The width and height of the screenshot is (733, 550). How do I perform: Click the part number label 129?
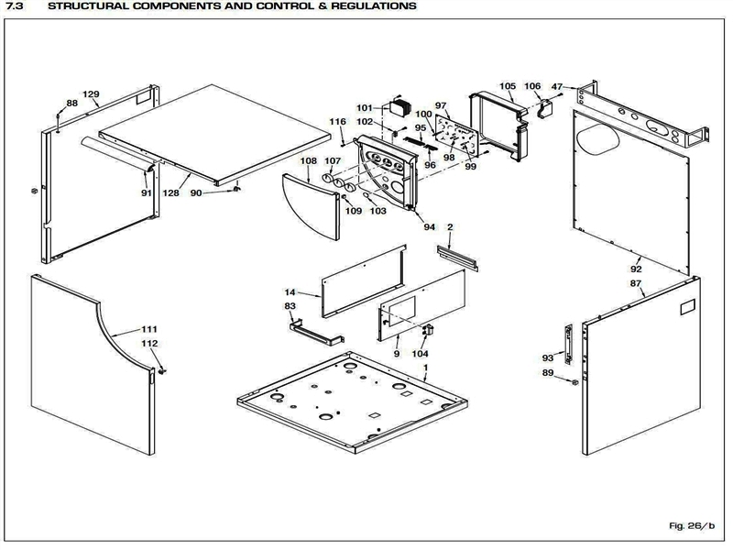point(91,94)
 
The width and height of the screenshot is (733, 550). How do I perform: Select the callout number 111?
point(149,329)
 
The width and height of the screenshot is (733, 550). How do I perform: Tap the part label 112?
point(149,344)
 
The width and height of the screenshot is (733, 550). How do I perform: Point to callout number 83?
point(290,306)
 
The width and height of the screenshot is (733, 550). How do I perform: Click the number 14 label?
point(290,291)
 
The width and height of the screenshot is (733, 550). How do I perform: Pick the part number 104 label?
point(420,354)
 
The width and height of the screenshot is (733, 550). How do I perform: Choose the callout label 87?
point(636,284)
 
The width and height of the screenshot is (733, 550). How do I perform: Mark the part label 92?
point(636,269)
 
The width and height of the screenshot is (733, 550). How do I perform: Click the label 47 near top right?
point(557,86)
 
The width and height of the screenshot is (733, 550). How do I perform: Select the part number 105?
point(508,86)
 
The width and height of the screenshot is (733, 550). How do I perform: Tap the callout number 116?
point(338,122)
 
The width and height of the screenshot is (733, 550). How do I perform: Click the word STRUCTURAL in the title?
point(89,6)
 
